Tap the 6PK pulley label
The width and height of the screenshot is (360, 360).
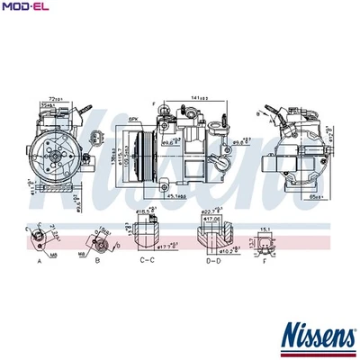click(x=132, y=118)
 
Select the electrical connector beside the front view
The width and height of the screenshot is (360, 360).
click(x=96, y=139)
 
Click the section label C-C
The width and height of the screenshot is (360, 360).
click(x=148, y=260)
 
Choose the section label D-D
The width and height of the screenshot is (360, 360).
click(x=213, y=260)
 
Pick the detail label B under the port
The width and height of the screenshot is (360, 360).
click(x=96, y=260)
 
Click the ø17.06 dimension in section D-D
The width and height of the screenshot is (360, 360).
click(x=213, y=219)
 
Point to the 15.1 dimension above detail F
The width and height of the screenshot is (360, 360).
click(x=265, y=230)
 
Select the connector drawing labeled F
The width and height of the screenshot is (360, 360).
click(x=265, y=245)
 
